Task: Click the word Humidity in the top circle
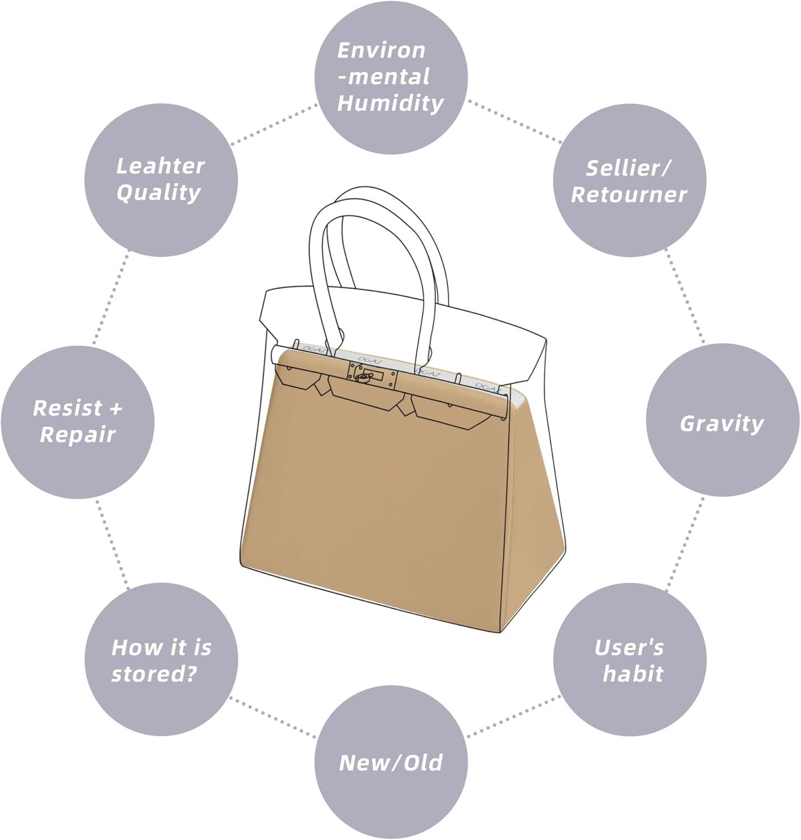pyautogui.click(x=390, y=103)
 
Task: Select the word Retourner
pyautogui.click(x=629, y=194)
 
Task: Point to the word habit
pyautogui.click(x=633, y=674)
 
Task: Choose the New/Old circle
pyautogui.click(x=390, y=763)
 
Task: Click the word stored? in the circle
pyautogui.click(x=154, y=674)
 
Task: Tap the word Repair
pyautogui.click(x=77, y=435)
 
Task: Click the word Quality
pyautogui.click(x=159, y=192)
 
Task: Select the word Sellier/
pyautogui.click(x=629, y=167)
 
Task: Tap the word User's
pyautogui.click(x=629, y=647)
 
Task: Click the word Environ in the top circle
pyautogui.click(x=381, y=50)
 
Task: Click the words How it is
pyautogui.click(x=161, y=647)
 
